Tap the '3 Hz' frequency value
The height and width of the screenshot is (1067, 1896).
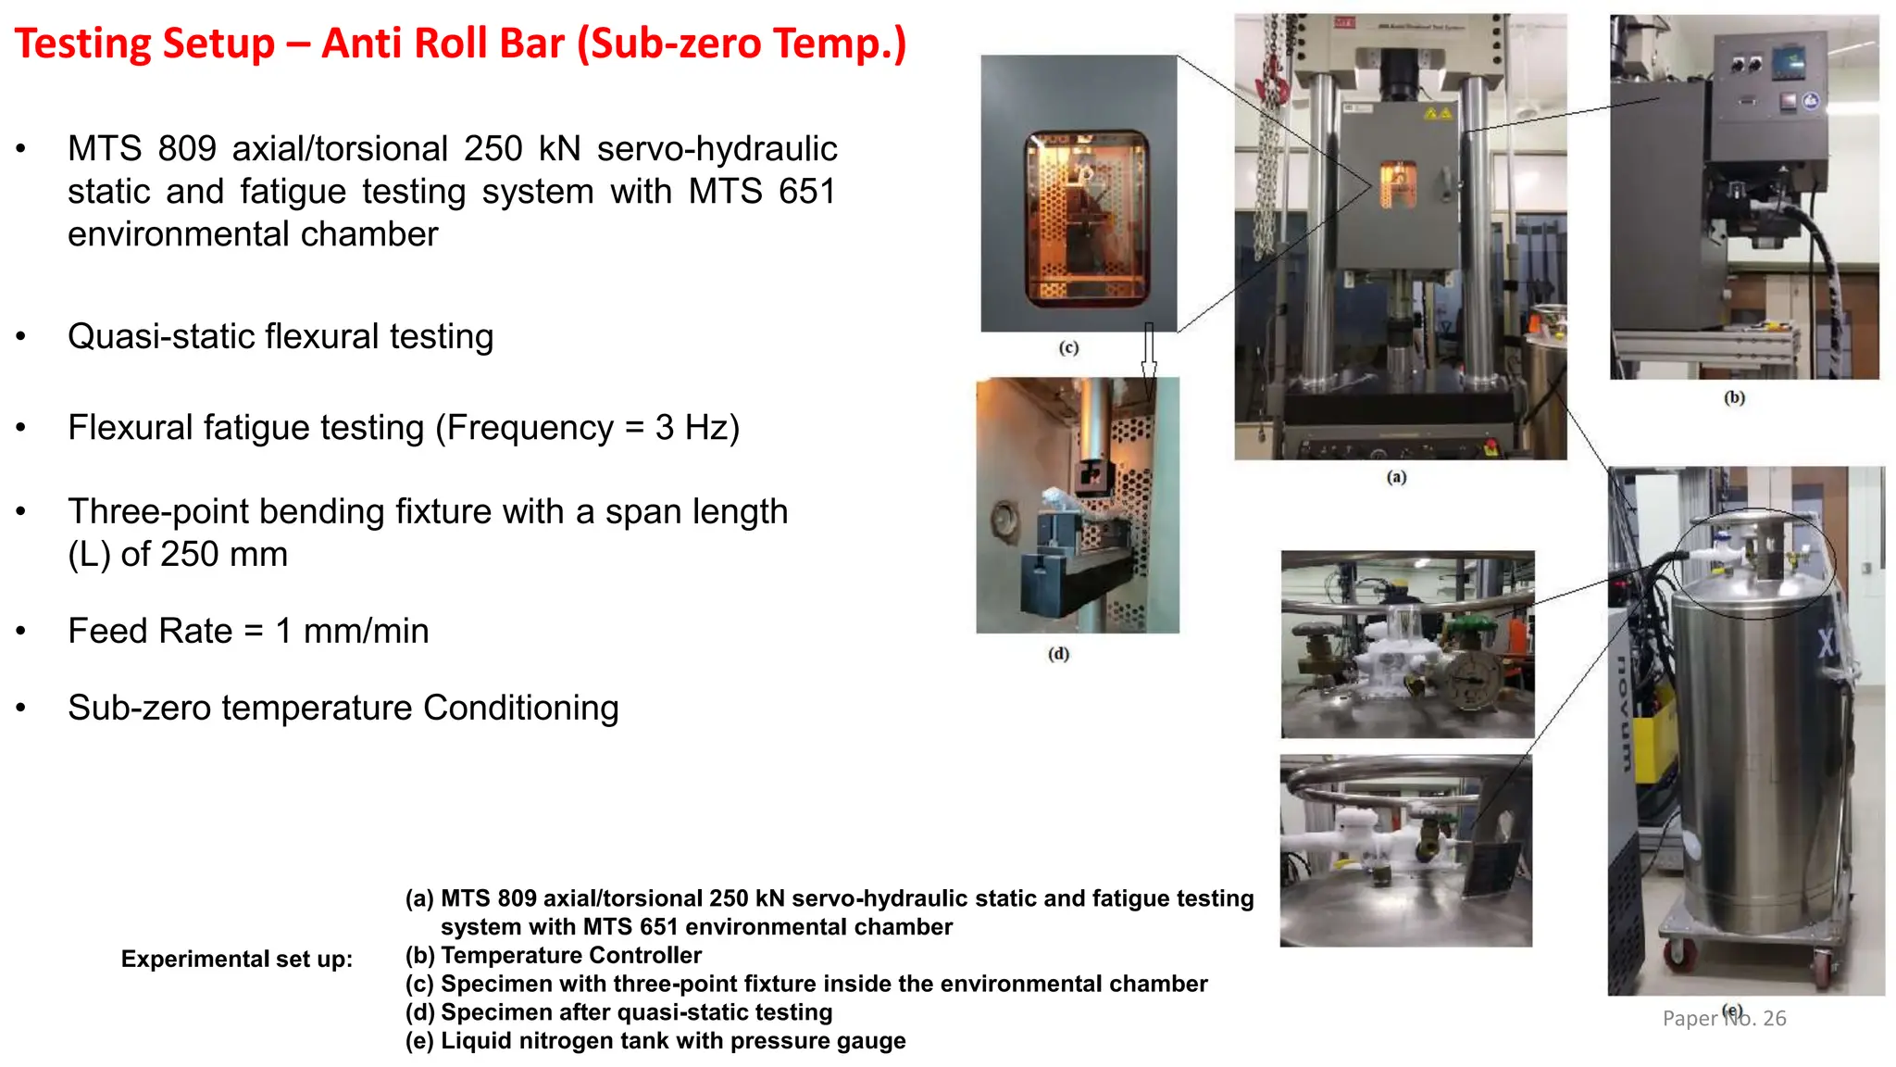coord(697,428)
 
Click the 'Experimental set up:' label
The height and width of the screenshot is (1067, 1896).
coord(236,960)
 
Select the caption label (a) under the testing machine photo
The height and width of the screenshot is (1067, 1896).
coord(1396,477)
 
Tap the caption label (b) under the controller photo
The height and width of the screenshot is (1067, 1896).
coord(1734,397)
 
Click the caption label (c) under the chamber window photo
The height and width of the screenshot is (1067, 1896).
coord(1068,348)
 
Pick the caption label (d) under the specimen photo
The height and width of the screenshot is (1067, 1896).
coord(1058,654)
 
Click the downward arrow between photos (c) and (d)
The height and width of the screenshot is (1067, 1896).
coord(1149,352)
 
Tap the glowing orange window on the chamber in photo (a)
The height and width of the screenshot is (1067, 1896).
coord(1398,182)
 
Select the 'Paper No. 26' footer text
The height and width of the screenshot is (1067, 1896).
coord(1724,1019)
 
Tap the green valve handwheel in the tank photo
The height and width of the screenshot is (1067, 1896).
coord(1464,633)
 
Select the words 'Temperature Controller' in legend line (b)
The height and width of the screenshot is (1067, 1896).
coord(570,956)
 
